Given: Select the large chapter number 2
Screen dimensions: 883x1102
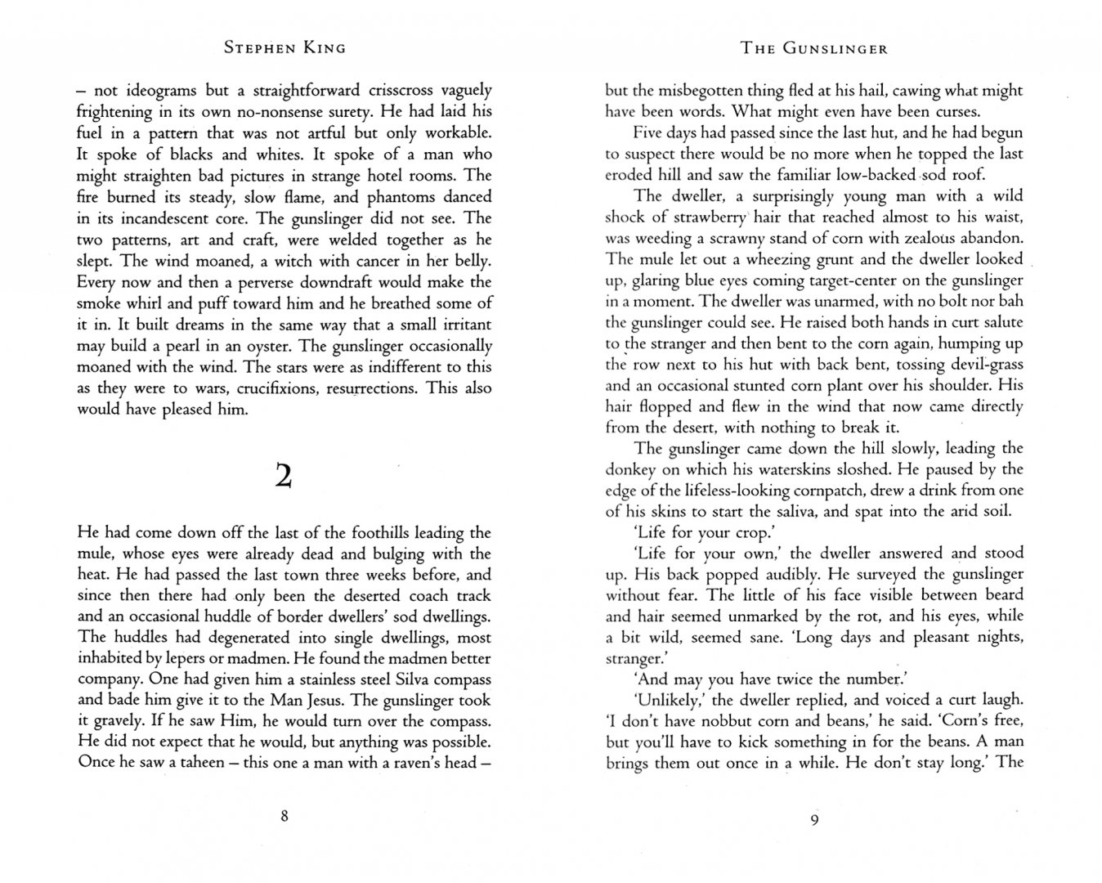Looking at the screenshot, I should point(284,475).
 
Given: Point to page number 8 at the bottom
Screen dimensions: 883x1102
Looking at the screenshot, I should point(284,815).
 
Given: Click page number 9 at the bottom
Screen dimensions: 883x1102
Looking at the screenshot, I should point(814,821).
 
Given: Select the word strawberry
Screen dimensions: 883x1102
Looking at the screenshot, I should point(710,217).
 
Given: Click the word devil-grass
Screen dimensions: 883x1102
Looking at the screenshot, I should point(980,365).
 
